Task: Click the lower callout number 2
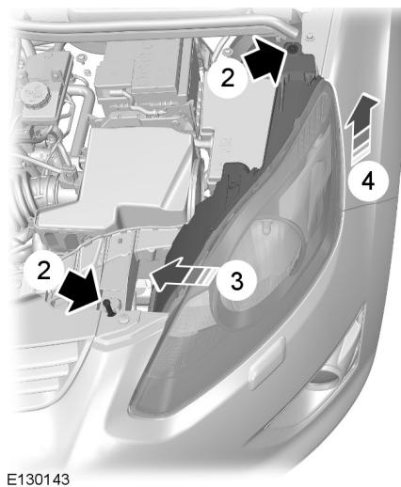click(x=44, y=268)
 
